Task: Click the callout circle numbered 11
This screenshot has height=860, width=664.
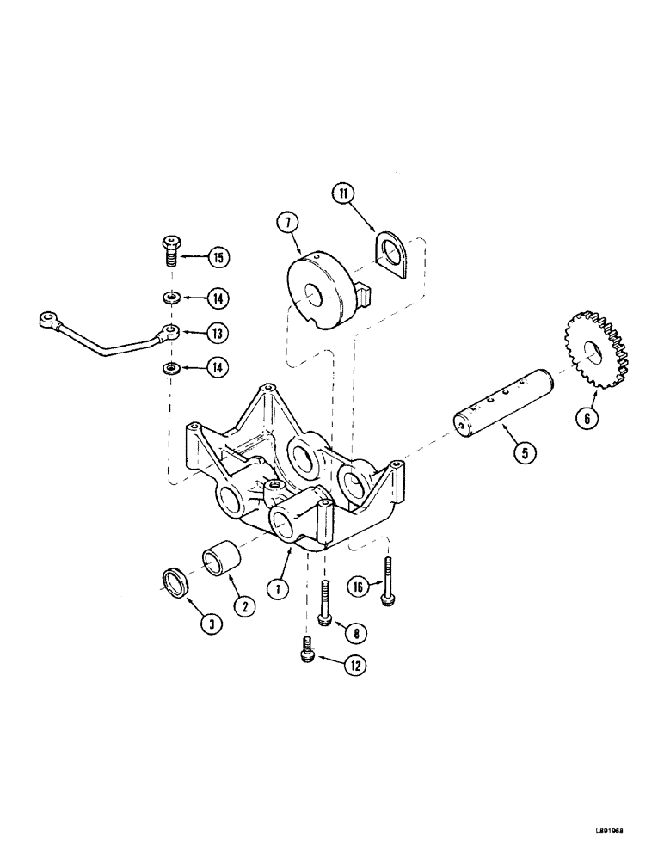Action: pyautogui.click(x=344, y=196)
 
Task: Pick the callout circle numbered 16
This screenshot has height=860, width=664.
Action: pyautogui.click(x=360, y=587)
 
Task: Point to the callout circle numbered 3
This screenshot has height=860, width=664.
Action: pyautogui.click(x=210, y=625)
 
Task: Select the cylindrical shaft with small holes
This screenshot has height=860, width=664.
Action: pyautogui.click(x=494, y=405)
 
